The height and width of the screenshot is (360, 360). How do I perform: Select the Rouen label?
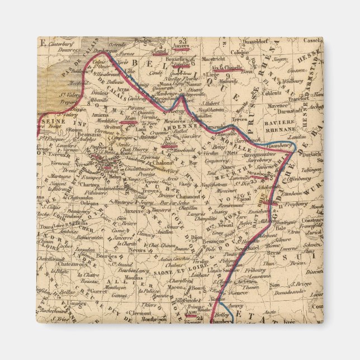tap(60, 131)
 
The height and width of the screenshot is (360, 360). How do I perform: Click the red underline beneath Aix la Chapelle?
tap(226, 72)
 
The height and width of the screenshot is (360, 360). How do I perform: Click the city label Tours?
tap(46, 227)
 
